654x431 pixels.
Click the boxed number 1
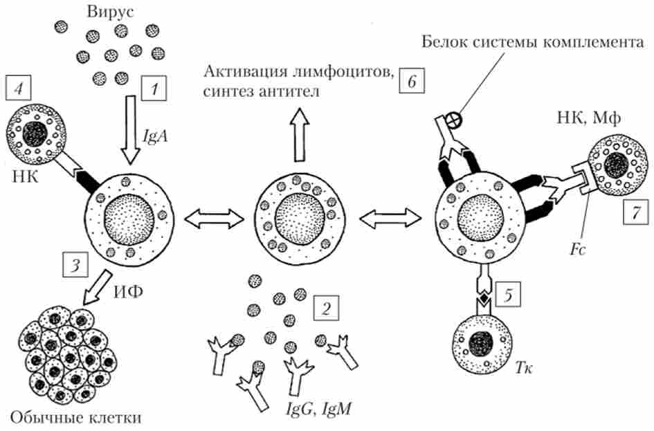(x=154, y=88)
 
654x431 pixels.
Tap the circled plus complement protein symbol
(x=459, y=117)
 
